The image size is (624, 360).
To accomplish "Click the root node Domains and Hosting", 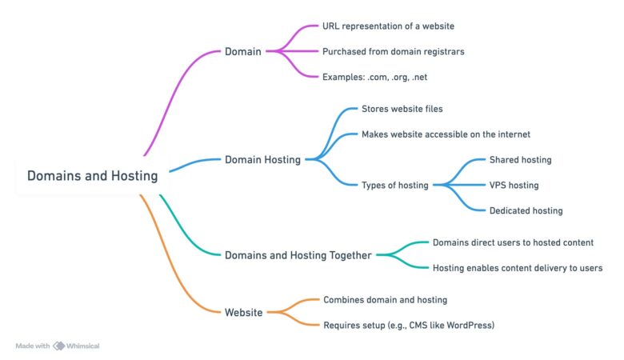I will pyautogui.click(x=92, y=176).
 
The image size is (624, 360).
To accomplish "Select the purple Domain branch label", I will pyautogui.click(x=243, y=52).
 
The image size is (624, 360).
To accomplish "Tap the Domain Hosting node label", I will pyautogui.click(x=262, y=160).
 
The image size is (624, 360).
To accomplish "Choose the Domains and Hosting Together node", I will pyautogui.click(x=298, y=255).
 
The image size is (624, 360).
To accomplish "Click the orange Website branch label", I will pyautogui.click(x=243, y=313).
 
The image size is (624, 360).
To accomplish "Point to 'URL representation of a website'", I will pyautogui.click(x=388, y=26).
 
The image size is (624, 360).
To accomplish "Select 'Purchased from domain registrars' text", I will pyautogui.click(x=393, y=52).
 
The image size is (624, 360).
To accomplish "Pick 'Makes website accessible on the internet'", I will pyautogui.click(x=446, y=134).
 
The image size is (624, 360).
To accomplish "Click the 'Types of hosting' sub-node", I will pyautogui.click(x=394, y=186).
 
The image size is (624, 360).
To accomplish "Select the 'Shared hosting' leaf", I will pyautogui.click(x=520, y=160).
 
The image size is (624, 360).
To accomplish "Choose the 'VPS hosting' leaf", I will pyautogui.click(x=514, y=186).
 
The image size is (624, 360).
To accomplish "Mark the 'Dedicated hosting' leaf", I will pyautogui.click(x=526, y=211).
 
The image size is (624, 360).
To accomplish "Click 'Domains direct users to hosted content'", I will pyautogui.click(x=513, y=242).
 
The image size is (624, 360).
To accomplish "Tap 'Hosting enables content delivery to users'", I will pyautogui.click(x=517, y=268).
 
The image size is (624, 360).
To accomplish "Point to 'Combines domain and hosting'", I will pyautogui.click(x=385, y=300).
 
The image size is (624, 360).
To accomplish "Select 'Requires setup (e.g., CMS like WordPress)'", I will pyautogui.click(x=408, y=326).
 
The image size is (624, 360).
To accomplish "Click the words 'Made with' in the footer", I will pyautogui.click(x=33, y=346).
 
